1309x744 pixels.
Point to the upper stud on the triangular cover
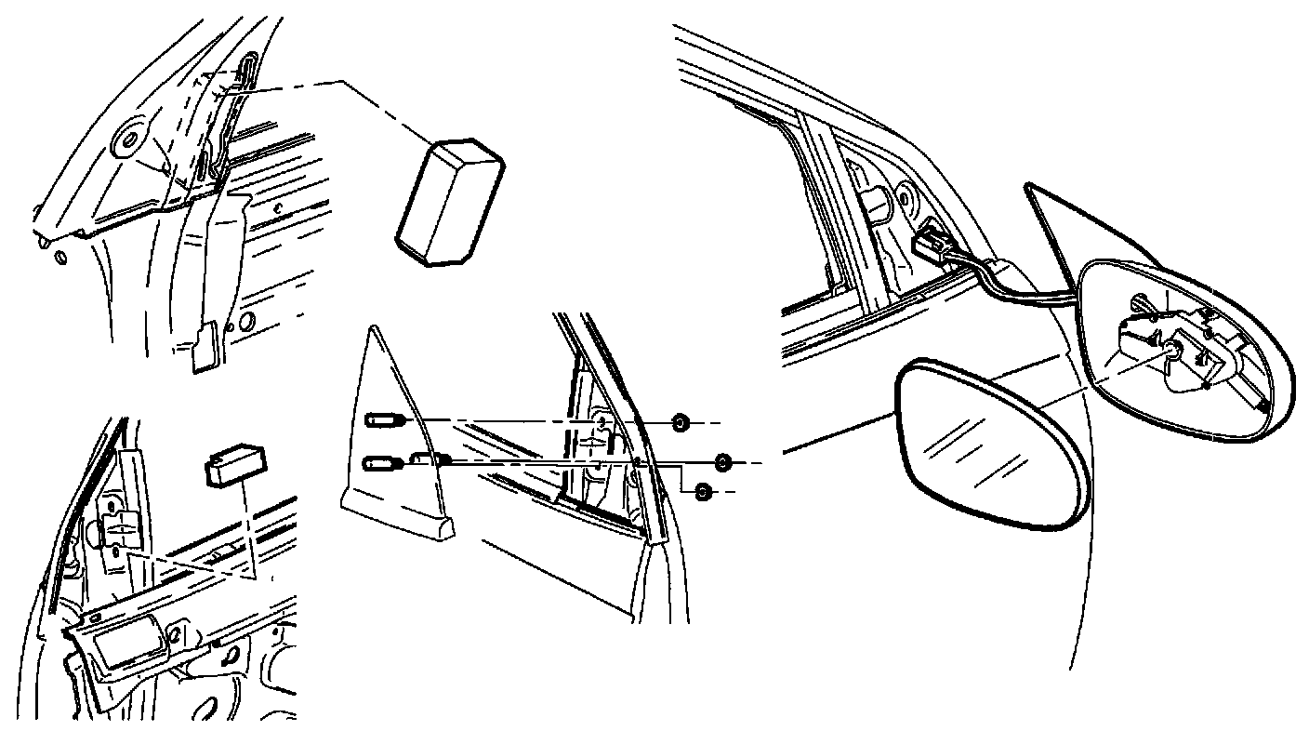coord(384,421)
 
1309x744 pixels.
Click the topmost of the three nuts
coord(680,423)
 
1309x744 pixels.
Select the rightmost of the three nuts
coord(725,462)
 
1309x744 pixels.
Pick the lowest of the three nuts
coord(704,490)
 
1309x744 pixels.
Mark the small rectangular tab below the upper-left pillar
coord(205,346)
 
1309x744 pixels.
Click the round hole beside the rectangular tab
coord(245,324)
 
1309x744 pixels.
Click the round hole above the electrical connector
coord(903,197)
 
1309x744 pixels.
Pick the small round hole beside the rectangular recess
coord(173,640)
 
